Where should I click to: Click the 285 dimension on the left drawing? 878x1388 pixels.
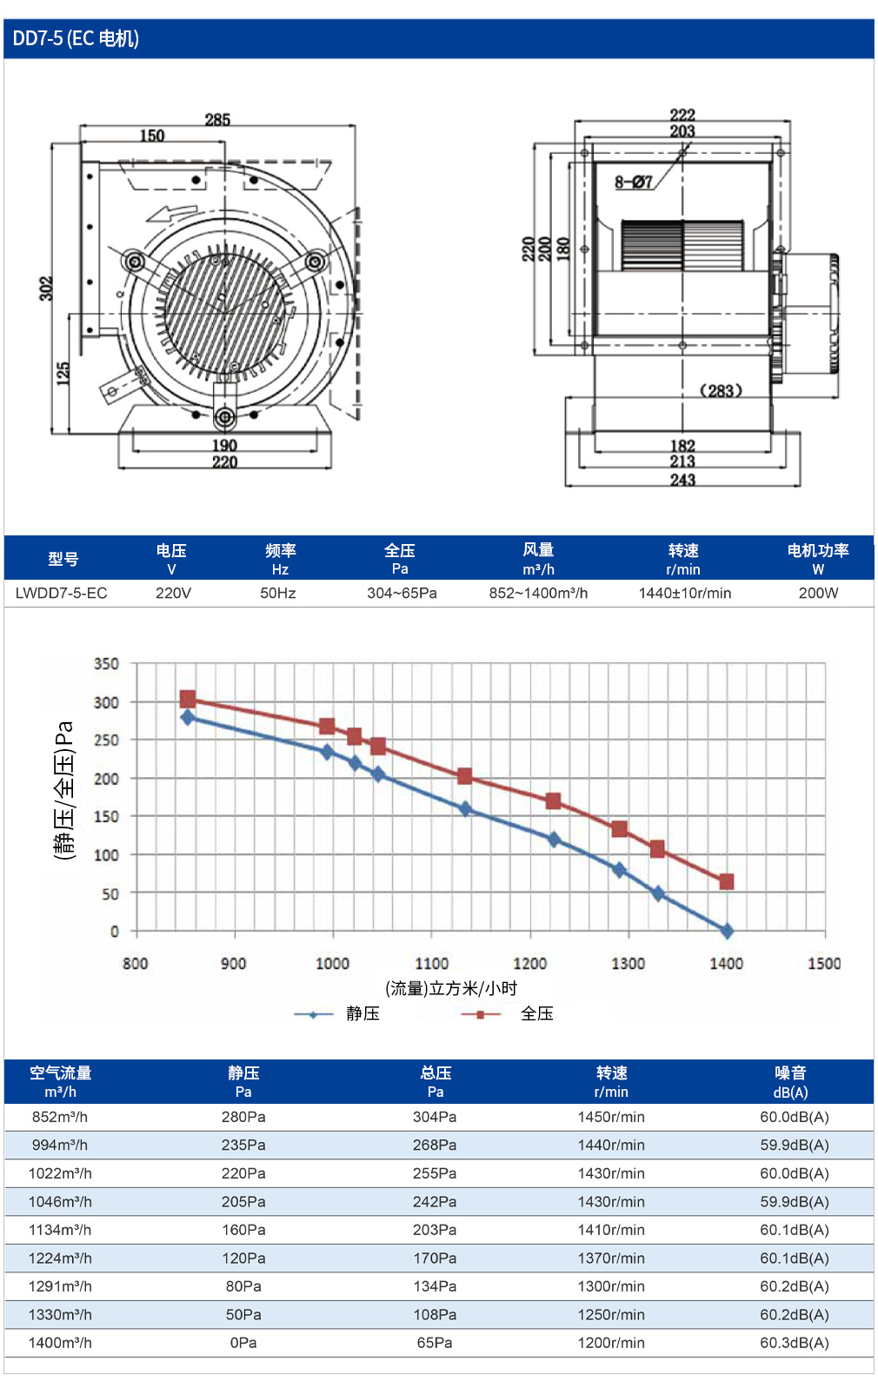click(217, 120)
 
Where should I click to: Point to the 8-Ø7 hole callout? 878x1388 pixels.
click(633, 183)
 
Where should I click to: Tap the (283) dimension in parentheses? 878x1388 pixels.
click(721, 391)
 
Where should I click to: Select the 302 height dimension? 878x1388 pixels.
click(46, 289)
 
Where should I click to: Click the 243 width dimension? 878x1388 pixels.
click(682, 480)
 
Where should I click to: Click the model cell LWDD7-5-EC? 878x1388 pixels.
click(62, 593)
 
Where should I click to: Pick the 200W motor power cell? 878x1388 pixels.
click(818, 593)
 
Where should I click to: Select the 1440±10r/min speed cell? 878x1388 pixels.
click(685, 593)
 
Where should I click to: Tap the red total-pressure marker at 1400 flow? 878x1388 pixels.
click(726, 881)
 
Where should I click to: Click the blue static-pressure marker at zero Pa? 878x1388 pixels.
click(727, 931)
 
